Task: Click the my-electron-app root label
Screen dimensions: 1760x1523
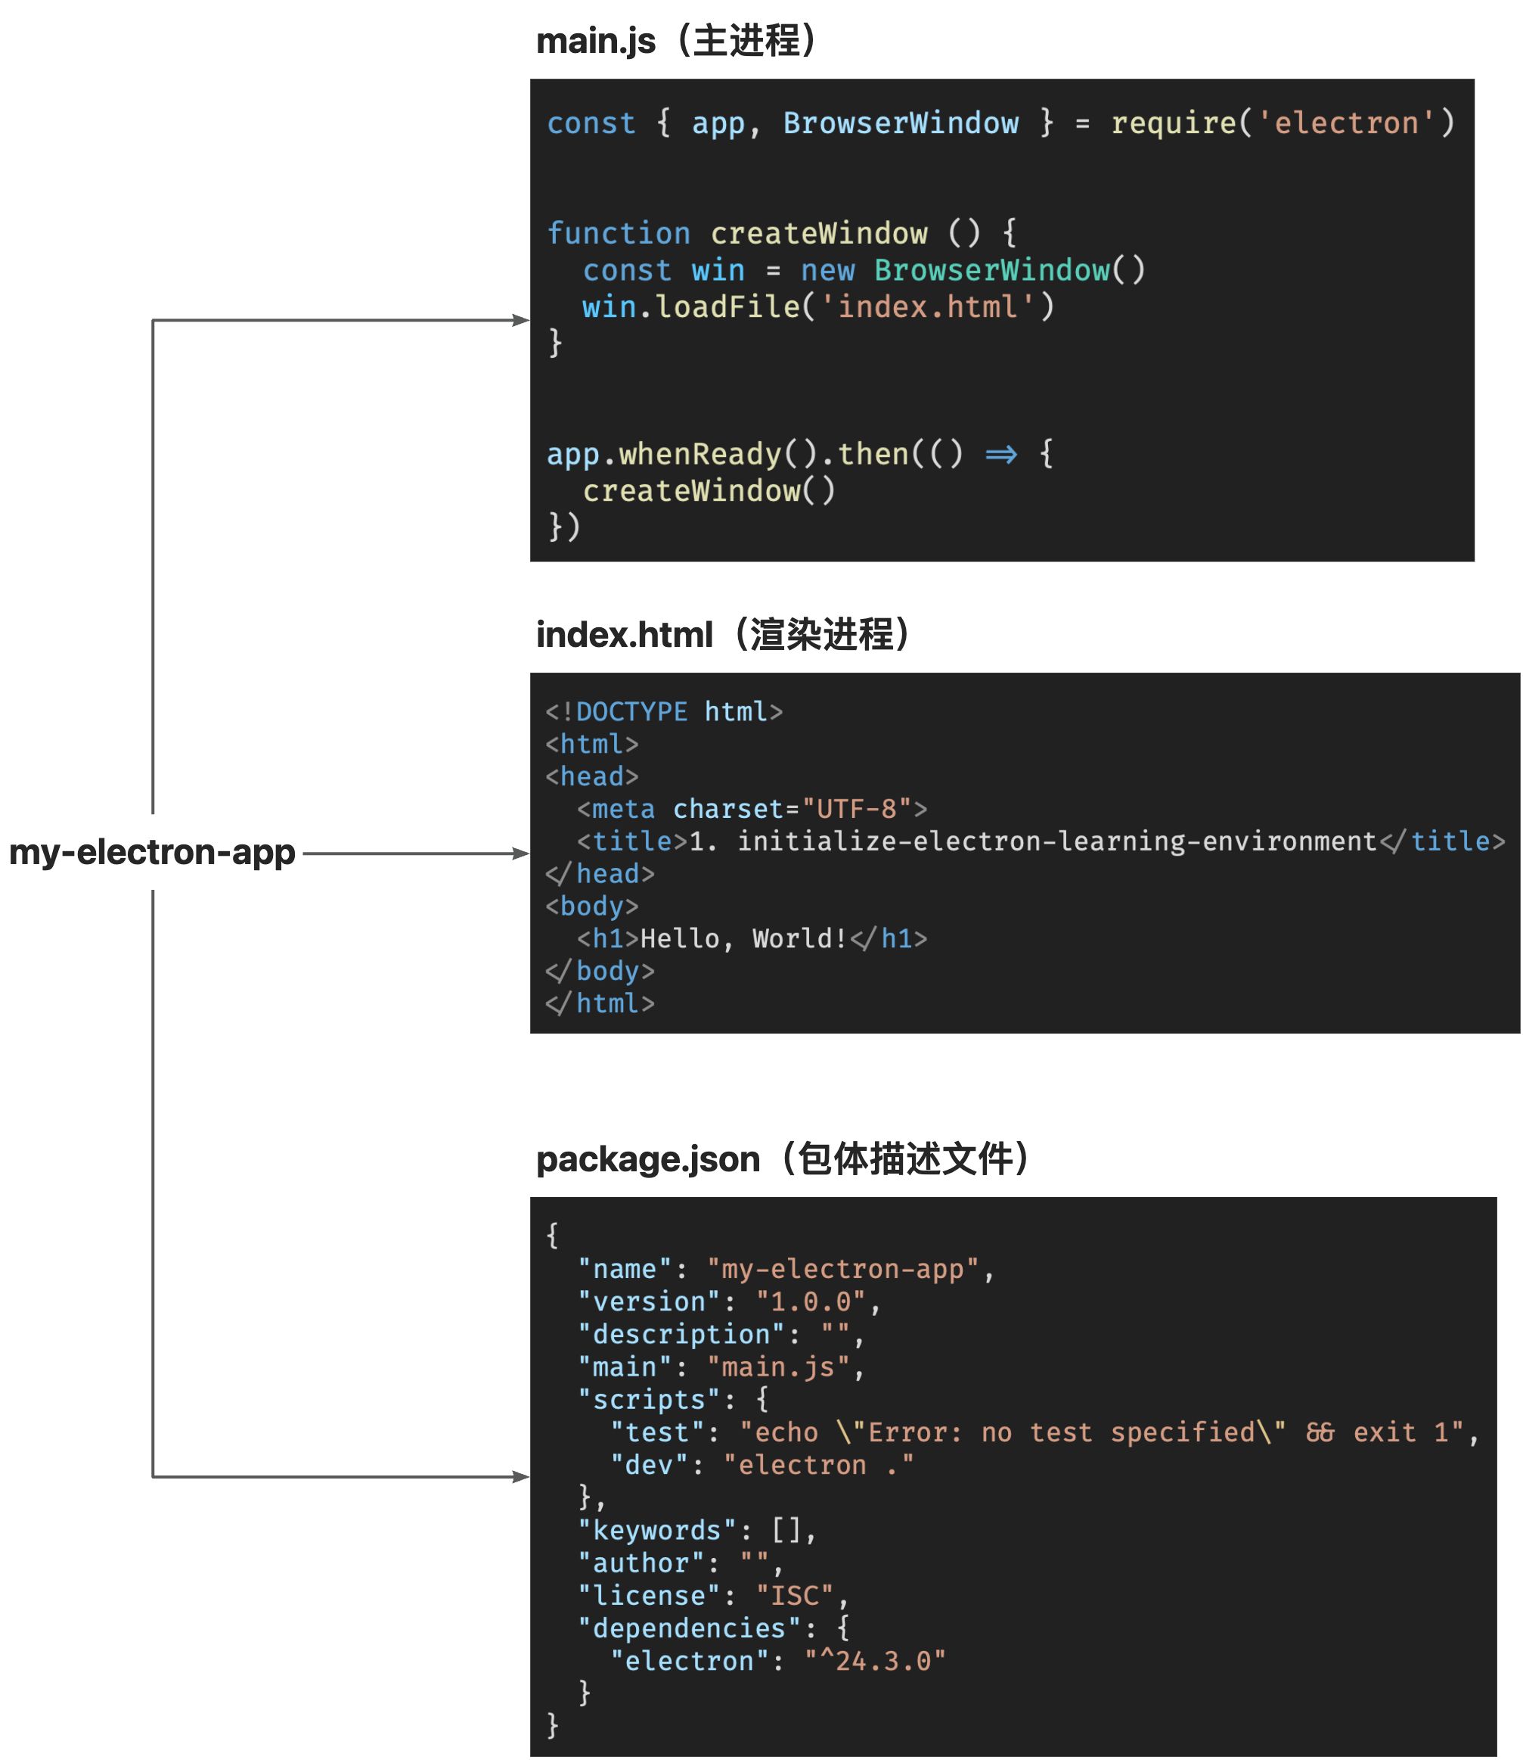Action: click(x=152, y=852)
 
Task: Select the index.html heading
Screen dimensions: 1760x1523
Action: click(x=722, y=634)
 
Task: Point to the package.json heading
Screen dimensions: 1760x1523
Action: click(x=782, y=1159)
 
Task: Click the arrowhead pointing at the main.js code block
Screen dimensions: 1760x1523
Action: click(x=521, y=321)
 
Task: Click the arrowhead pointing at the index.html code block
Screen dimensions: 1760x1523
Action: click(x=521, y=853)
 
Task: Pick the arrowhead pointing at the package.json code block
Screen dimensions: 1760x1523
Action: click(x=521, y=1477)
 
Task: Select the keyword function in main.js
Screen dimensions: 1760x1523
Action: click(x=618, y=233)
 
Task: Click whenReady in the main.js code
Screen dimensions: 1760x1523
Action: click(x=699, y=454)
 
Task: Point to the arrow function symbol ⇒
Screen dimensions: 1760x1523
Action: click(x=1000, y=454)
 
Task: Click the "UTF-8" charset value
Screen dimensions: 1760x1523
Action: click(x=857, y=809)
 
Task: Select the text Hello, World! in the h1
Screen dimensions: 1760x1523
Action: click(x=743, y=939)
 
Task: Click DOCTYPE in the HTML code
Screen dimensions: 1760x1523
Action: click(x=631, y=712)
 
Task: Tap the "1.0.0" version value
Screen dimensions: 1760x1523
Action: click(x=811, y=1301)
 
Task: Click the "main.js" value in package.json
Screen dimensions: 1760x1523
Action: click(x=778, y=1367)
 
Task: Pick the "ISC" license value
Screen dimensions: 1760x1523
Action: click(x=795, y=1596)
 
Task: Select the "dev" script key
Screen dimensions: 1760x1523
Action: click(x=650, y=1465)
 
